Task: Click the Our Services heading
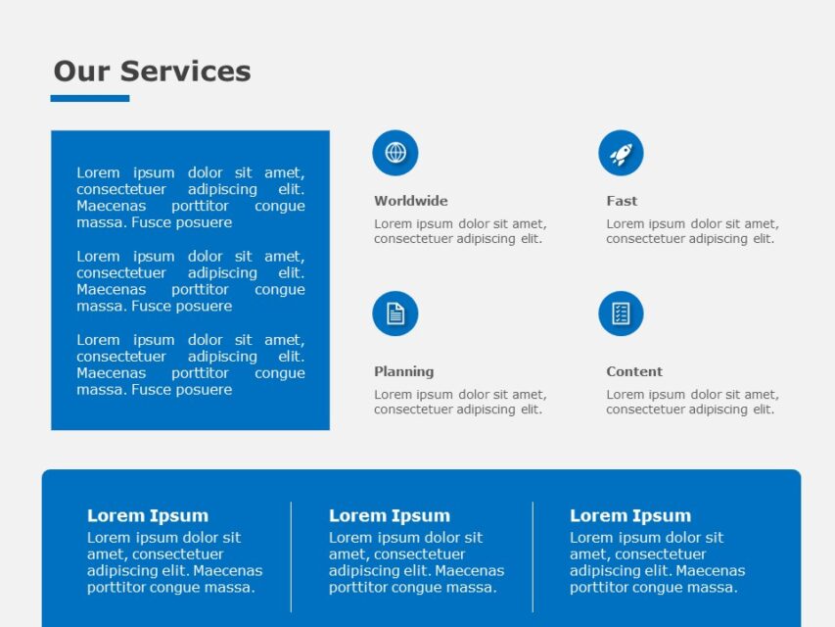[152, 72]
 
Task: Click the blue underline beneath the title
[90, 98]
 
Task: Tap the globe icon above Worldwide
[395, 153]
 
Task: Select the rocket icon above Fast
[621, 153]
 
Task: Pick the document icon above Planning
[395, 313]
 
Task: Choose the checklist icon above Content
[621, 313]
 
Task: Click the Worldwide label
[410, 201]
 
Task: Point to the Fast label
[622, 201]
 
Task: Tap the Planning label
[403, 371]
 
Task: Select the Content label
[634, 371]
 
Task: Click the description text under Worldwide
[460, 231]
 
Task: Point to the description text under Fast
[692, 231]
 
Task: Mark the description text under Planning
[460, 402]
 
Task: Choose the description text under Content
[692, 402]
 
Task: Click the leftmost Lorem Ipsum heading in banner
[148, 515]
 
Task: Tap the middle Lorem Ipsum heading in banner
[390, 515]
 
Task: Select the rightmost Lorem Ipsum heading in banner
[630, 515]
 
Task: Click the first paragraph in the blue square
[191, 197]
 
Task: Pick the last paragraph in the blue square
[191, 364]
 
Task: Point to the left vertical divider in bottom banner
[291, 556]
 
